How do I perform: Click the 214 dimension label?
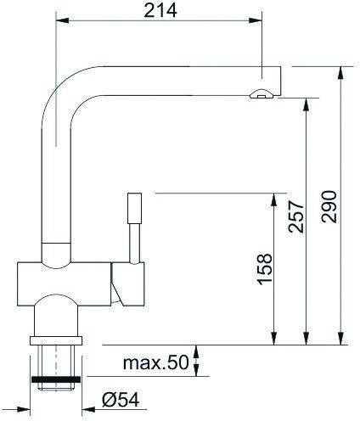160,11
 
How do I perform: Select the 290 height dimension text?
329,207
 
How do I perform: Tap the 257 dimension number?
295,216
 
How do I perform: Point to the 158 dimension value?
265,269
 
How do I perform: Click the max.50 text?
155,362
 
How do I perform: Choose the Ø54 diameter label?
121,400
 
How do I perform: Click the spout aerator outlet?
262,93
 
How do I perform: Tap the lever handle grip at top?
134,209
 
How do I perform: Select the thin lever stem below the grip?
134,244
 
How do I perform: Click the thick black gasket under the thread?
56,379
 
